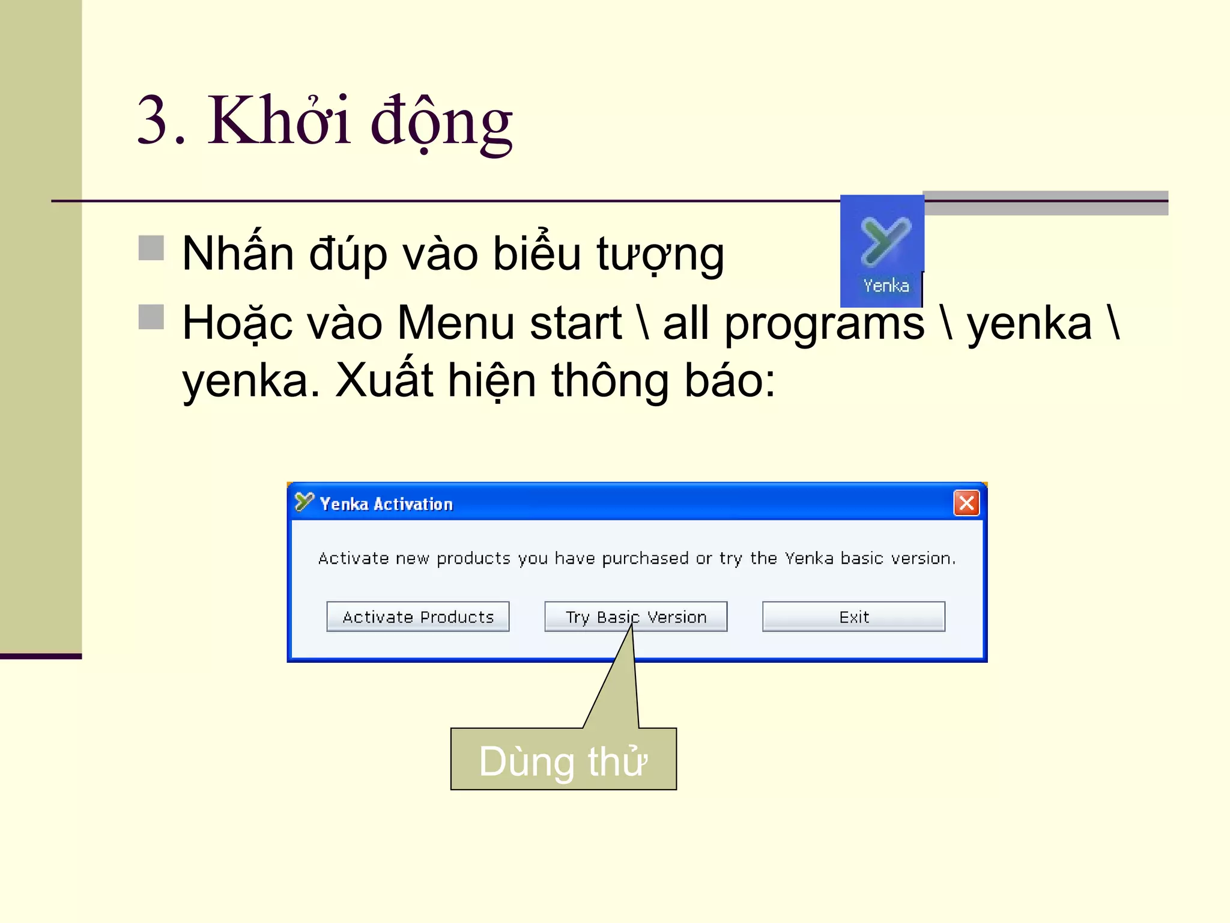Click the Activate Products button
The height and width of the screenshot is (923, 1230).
coord(417,617)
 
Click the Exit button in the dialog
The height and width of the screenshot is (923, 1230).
coord(853,617)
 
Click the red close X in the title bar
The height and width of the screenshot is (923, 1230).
coord(966,503)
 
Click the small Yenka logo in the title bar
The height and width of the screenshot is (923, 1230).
coord(304,502)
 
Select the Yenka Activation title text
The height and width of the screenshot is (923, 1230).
coord(386,504)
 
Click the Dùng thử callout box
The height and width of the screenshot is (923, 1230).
coord(563,760)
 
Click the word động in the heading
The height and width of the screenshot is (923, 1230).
coord(441,123)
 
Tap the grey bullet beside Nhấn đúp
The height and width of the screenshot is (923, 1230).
coord(151,248)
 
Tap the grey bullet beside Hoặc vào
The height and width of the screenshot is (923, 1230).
coord(151,317)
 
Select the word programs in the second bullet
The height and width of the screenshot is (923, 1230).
coord(824,324)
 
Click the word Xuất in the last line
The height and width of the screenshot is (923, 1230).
coord(384,380)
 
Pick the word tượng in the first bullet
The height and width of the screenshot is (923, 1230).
coord(660,255)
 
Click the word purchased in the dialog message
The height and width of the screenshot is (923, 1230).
coord(645,558)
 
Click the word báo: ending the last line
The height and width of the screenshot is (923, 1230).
coord(730,380)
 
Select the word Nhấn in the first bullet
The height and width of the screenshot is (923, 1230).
coord(238,253)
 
